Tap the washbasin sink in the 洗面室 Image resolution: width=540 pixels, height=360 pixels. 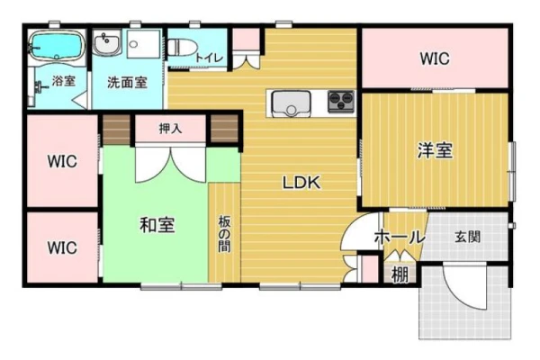106,42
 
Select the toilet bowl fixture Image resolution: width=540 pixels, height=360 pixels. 182,47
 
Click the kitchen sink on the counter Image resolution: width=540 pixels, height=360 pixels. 291,103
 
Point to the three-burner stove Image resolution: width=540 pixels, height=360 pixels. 341,102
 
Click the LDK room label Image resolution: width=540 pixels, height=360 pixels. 301,183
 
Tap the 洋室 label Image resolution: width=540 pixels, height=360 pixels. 435,150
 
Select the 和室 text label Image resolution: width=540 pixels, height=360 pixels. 157,225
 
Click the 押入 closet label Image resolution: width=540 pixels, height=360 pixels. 170,129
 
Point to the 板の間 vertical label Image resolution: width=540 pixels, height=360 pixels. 224,234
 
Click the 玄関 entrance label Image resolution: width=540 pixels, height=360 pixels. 467,237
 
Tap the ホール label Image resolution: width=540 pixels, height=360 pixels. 399,238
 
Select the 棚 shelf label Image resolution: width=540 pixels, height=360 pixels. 400,274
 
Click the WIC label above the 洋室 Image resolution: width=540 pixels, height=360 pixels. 435,58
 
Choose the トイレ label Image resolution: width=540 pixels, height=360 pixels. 210,58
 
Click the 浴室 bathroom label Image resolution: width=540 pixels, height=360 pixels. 63,81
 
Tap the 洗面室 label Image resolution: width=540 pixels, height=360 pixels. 127,82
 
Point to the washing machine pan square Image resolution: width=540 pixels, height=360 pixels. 144,44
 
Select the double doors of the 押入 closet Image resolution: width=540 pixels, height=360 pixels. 170,165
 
